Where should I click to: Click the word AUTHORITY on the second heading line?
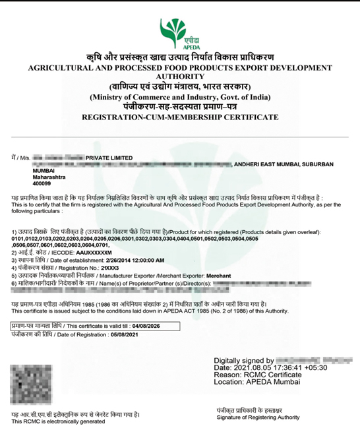pos(180,77)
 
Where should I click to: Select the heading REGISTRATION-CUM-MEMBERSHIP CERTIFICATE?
pos(179,116)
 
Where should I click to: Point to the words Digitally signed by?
pos(243,360)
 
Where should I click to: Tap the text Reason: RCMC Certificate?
pos(258,375)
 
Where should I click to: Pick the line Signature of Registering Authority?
pos(258,417)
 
